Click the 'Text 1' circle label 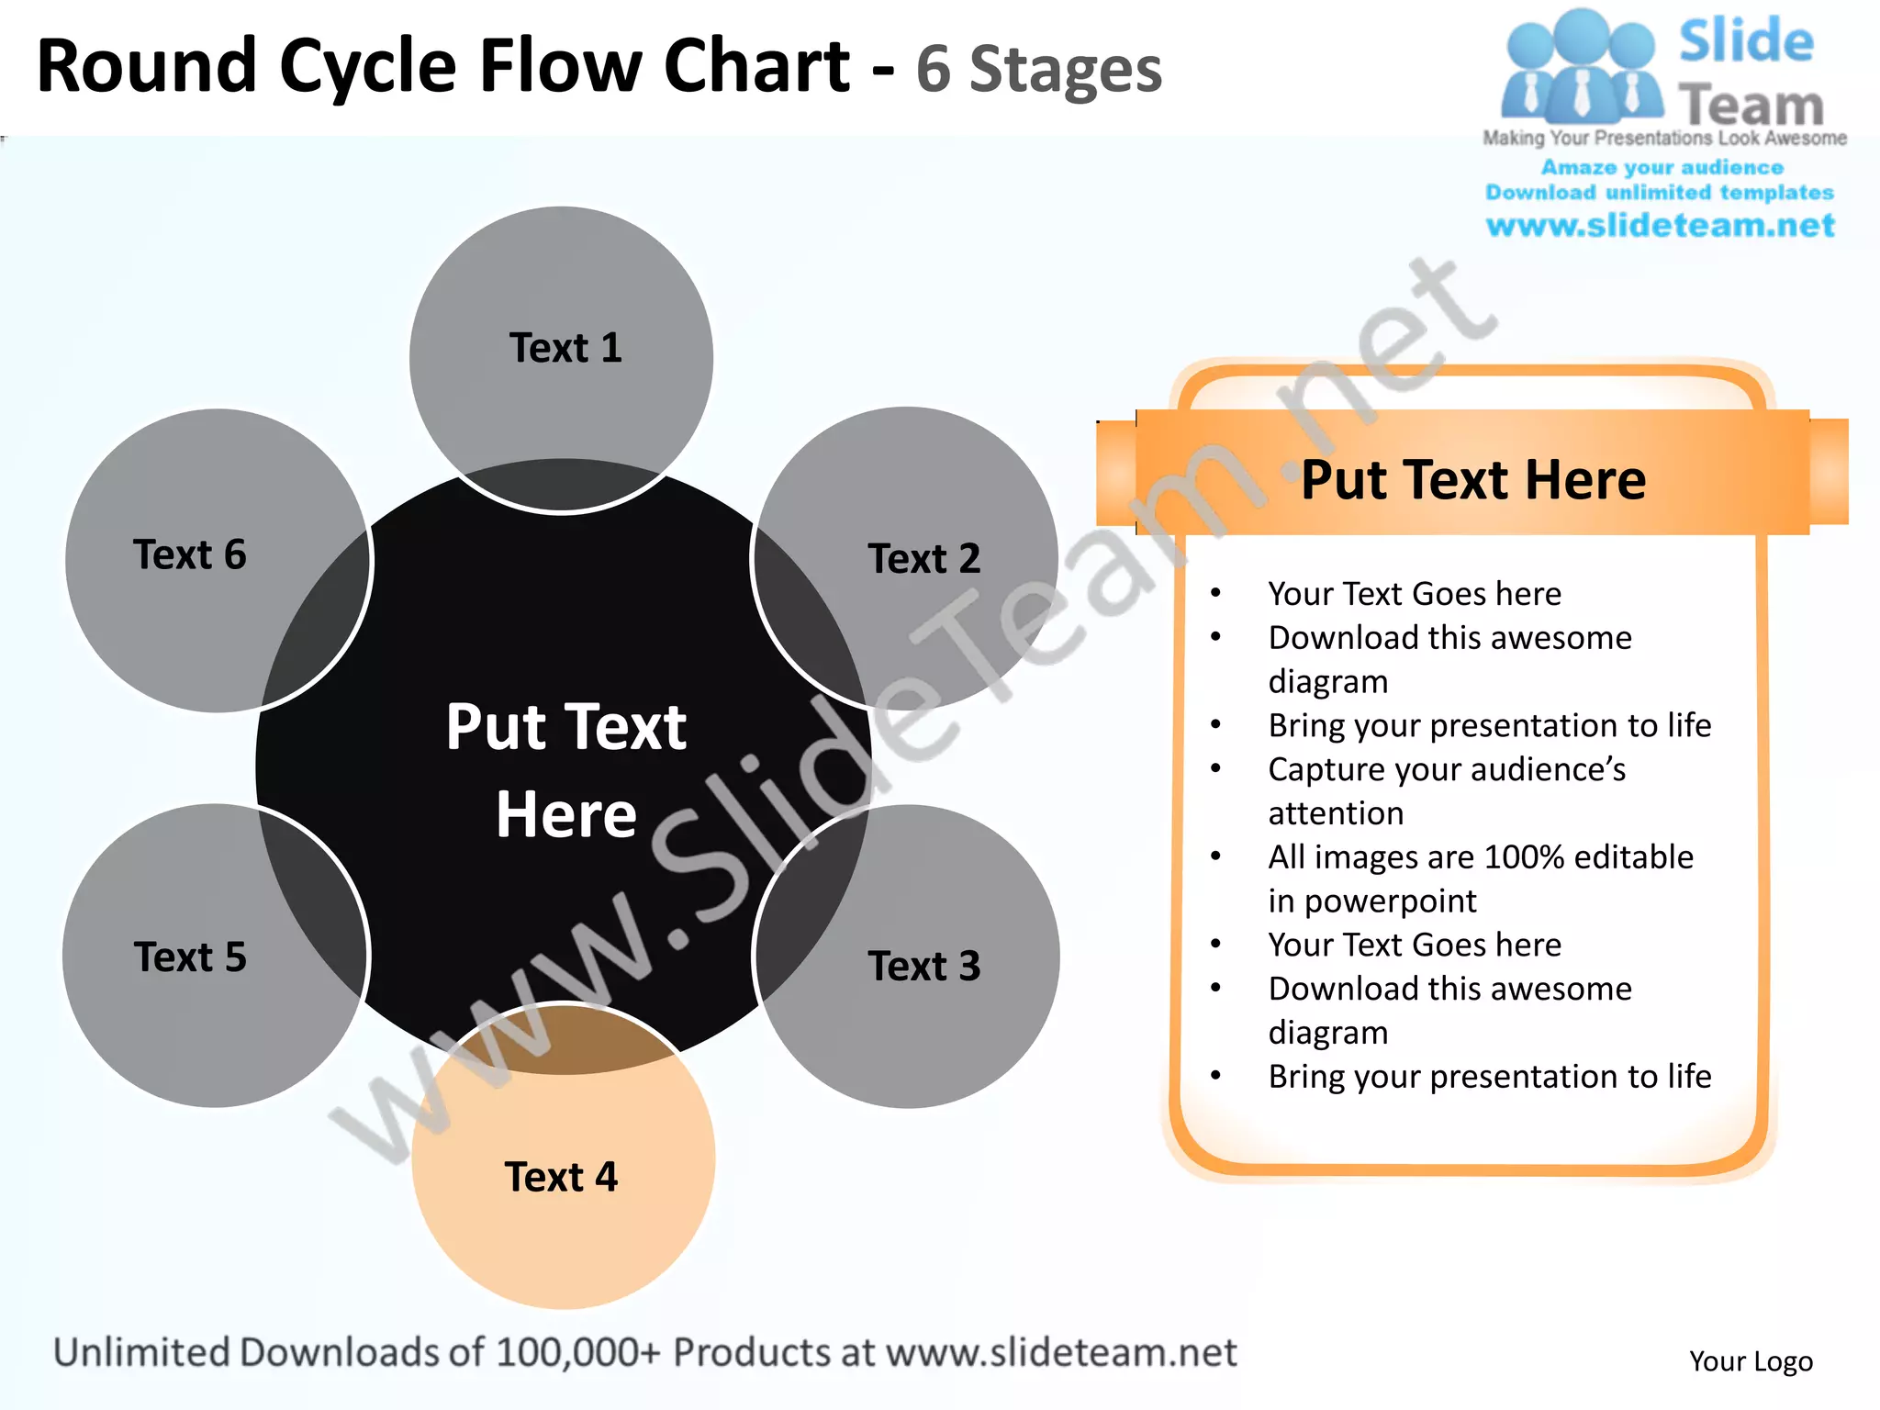565,348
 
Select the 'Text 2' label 923,558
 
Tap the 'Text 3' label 923,966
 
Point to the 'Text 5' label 190,957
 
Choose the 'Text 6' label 190,554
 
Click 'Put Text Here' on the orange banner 1472,479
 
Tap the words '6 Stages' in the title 1038,70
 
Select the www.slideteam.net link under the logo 1660,225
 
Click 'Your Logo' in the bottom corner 1751,1360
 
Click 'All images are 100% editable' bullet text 1480,857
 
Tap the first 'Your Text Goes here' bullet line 1414,594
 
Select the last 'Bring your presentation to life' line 1489,1076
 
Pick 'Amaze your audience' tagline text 1662,167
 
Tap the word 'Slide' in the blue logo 1746,41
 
